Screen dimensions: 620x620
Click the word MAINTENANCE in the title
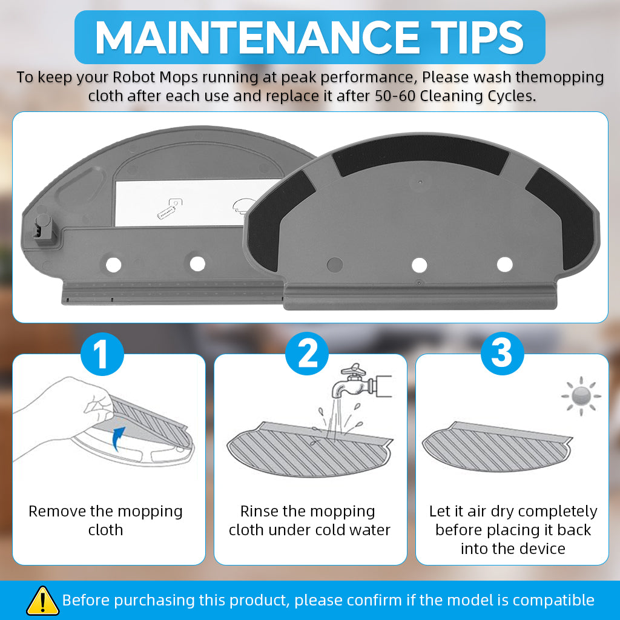click(257, 37)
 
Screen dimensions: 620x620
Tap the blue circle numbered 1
click(102, 354)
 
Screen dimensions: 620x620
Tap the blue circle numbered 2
click(307, 354)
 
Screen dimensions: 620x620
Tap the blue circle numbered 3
click(502, 354)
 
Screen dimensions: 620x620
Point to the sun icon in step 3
click(581, 396)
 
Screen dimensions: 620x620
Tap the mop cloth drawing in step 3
click(497, 447)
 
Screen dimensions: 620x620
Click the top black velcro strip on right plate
click(420, 154)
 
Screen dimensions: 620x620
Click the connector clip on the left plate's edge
click(44, 229)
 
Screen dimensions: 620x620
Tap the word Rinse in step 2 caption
click(258, 511)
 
